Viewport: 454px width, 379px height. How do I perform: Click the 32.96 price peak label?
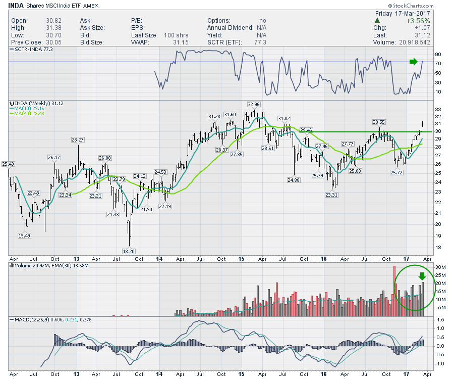(253, 105)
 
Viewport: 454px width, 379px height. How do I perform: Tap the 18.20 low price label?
(129, 250)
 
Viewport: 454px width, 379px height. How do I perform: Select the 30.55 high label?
(379, 122)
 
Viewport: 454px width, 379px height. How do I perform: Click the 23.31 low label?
(331, 195)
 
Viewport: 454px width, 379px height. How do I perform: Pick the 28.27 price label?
(78, 139)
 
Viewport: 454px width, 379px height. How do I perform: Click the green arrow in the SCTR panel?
(413, 62)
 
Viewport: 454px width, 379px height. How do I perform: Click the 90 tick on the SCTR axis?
(438, 54)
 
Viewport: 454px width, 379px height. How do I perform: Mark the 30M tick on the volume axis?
(439, 267)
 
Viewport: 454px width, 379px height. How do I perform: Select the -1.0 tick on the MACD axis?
(439, 364)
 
